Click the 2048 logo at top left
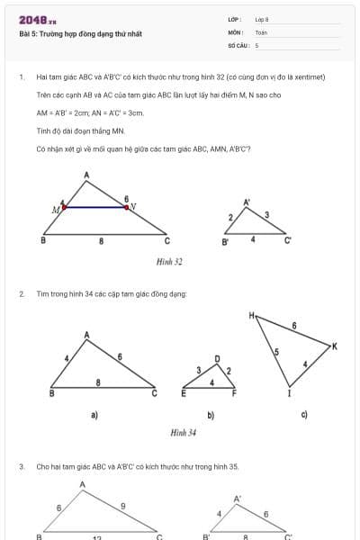click(x=37, y=19)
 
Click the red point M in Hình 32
click(x=64, y=207)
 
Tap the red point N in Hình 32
click(x=126, y=207)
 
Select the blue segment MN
click(x=94, y=207)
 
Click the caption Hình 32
click(x=169, y=262)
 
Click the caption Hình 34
click(x=184, y=432)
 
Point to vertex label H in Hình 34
click(x=253, y=315)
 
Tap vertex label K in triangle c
click(x=334, y=346)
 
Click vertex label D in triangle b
click(x=217, y=358)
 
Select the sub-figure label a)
click(x=94, y=415)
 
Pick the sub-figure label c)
click(x=304, y=414)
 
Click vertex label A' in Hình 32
click(x=247, y=202)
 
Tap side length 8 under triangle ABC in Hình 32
click(x=101, y=241)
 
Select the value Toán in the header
click(x=261, y=31)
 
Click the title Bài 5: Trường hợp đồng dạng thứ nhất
click(x=80, y=34)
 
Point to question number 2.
click(x=21, y=293)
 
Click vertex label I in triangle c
click(x=289, y=393)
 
